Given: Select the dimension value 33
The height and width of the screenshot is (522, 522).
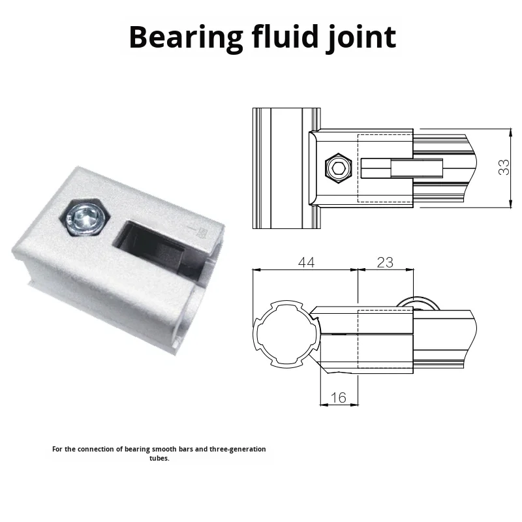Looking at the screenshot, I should tap(504, 168).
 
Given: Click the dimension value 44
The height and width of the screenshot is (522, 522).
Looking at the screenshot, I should tap(305, 262).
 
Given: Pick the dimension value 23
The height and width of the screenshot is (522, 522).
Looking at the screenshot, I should tap(385, 262).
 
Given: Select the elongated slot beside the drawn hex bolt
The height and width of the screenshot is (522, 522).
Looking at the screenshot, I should tap(401, 169).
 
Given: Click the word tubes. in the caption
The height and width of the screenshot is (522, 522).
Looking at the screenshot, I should tap(159, 458).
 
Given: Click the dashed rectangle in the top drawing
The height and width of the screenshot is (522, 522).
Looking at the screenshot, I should tap(385, 168).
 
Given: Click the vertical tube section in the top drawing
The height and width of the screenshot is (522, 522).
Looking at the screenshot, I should tap(281, 168).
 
